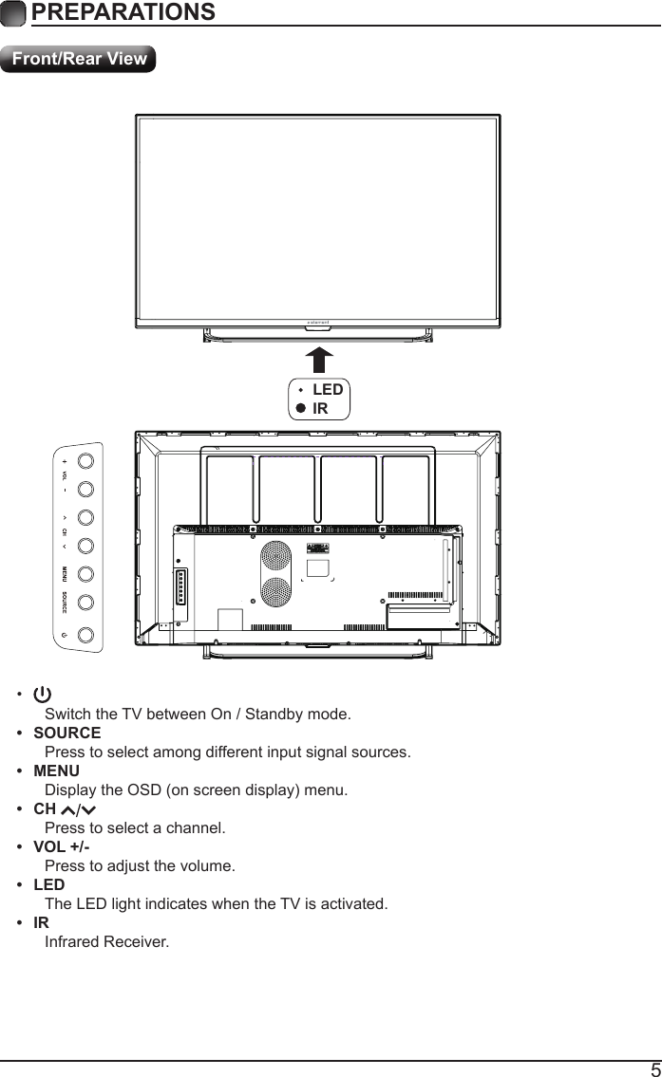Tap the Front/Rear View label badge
point(79,59)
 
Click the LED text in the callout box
point(328,390)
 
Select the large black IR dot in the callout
point(300,409)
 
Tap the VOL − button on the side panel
point(85,490)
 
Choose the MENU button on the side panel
point(85,574)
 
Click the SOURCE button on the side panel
point(85,603)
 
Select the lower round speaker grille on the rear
point(275,593)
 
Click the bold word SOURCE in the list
point(66,733)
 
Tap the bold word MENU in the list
point(56,771)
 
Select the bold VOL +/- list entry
point(62,847)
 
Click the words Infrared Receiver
point(106,942)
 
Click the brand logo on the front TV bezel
point(318,322)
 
